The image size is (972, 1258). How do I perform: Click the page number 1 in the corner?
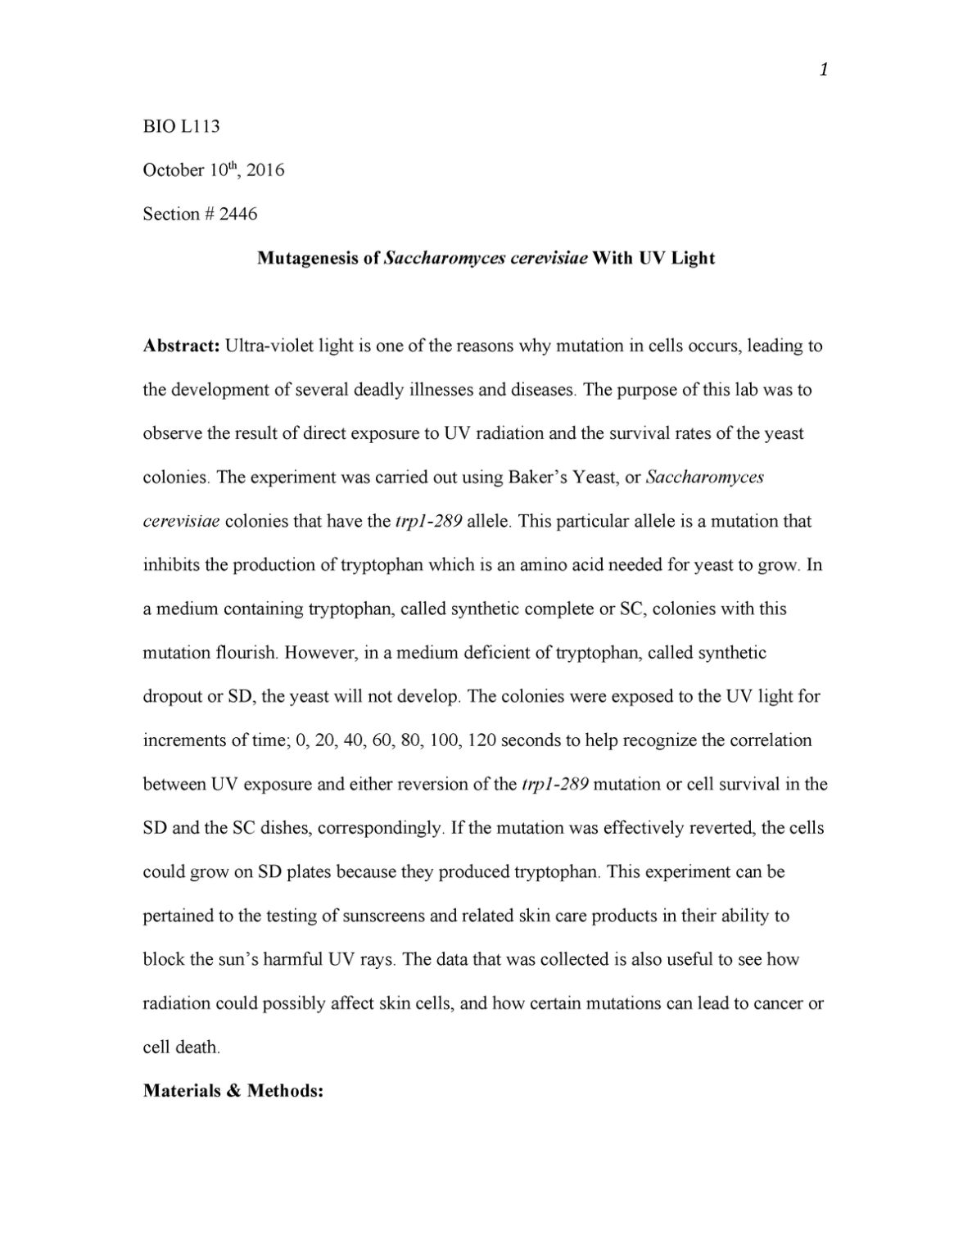824,70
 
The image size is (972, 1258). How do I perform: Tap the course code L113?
200,127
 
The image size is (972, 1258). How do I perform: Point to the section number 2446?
238,215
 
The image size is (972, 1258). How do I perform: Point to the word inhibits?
170,565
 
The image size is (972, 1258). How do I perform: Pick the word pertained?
177,916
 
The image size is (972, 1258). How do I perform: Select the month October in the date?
174,170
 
